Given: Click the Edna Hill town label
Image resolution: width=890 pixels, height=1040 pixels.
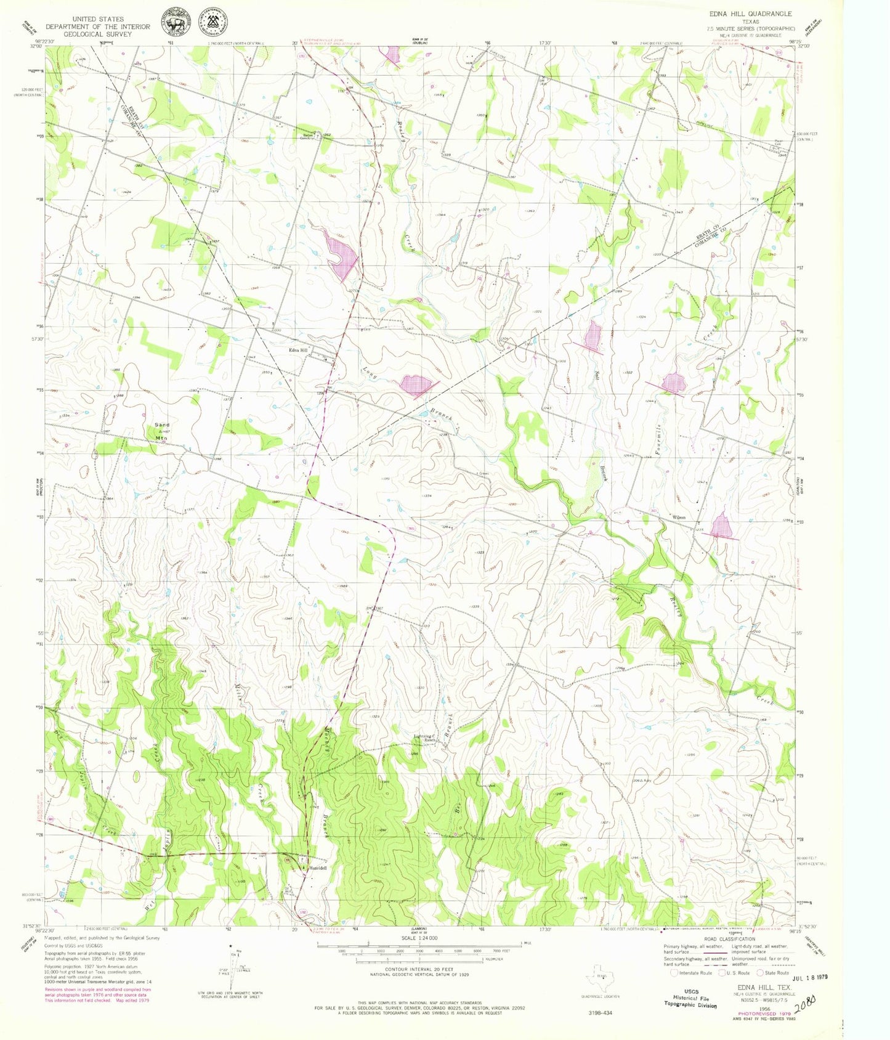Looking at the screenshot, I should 299,351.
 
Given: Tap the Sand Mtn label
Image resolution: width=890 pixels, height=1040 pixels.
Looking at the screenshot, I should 162,431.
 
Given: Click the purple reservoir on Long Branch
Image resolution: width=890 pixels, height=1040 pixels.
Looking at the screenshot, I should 416,385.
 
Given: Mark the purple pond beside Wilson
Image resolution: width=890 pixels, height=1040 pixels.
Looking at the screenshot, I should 721,527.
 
